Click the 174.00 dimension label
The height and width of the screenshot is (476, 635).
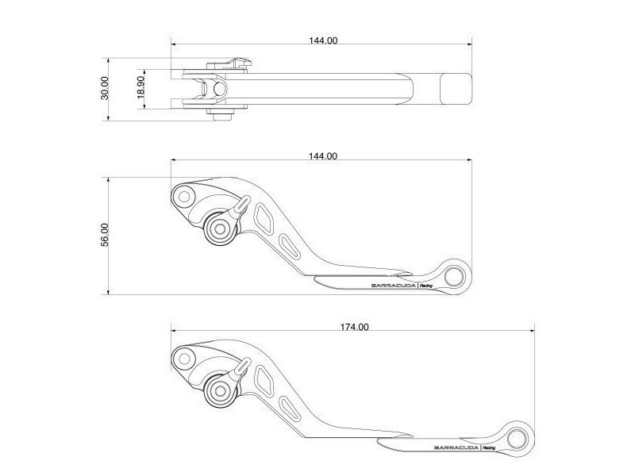(x=353, y=327)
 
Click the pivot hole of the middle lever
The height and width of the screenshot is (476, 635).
(x=184, y=196)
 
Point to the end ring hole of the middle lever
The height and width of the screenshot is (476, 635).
(x=454, y=275)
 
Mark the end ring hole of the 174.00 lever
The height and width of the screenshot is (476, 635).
(x=517, y=437)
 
